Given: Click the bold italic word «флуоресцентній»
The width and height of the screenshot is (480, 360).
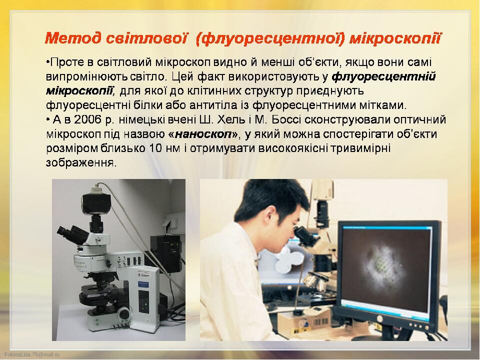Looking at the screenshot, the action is coord(383,77).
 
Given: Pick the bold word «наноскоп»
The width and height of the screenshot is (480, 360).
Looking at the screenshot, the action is coord(203,134).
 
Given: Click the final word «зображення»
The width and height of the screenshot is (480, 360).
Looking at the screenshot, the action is coord(81,162).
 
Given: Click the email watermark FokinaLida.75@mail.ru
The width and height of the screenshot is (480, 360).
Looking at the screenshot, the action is coord(32,354).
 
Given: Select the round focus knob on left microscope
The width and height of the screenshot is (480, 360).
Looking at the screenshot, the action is coord(124,314).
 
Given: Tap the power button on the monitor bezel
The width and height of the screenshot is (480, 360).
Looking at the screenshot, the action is coord(380,318).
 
